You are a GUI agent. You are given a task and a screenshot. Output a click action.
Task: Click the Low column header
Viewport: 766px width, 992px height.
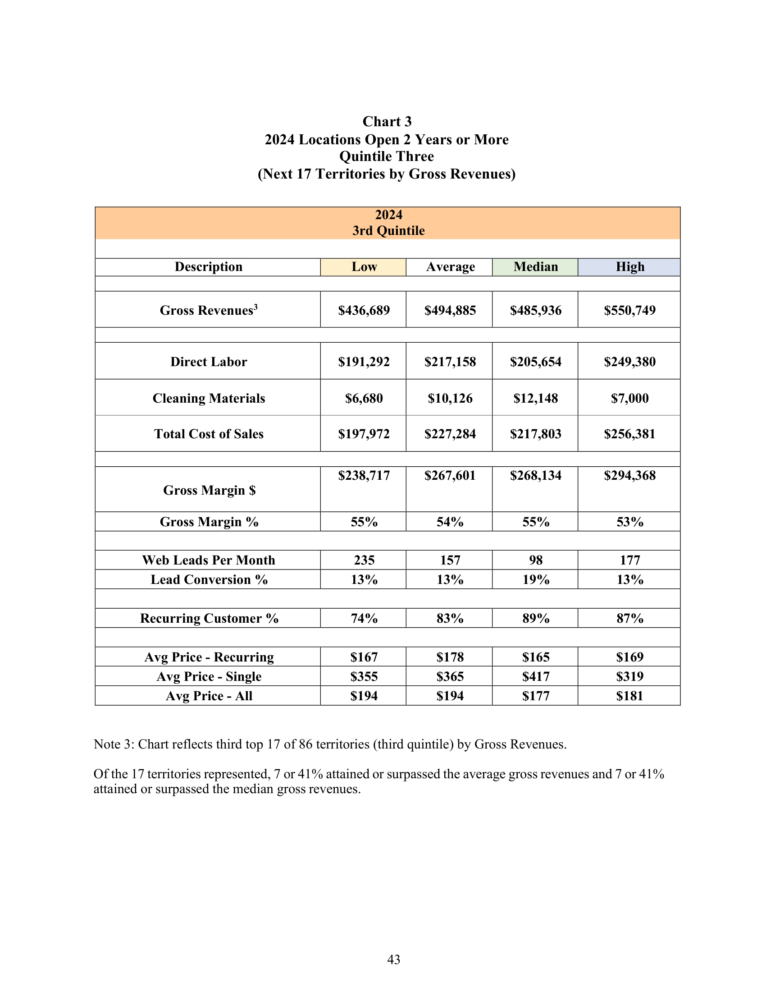pyautogui.click(x=364, y=266)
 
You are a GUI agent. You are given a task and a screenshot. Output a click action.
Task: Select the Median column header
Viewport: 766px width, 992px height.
pyautogui.click(x=535, y=266)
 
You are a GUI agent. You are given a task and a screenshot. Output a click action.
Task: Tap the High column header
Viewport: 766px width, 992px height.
pyautogui.click(x=629, y=266)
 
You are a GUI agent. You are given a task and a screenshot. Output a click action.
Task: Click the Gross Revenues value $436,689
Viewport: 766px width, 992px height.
pyautogui.click(x=364, y=310)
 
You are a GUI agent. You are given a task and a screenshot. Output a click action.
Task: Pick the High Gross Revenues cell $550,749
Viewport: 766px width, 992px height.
pyautogui.click(x=629, y=310)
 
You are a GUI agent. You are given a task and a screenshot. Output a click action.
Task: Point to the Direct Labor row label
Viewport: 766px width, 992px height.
pyautogui.click(x=209, y=362)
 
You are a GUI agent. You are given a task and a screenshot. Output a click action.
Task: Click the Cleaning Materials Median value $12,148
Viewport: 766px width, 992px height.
pyautogui.click(x=535, y=398)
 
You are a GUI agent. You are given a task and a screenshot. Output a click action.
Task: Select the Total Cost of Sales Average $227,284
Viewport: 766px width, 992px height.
pyautogui.click(x=450, y=434)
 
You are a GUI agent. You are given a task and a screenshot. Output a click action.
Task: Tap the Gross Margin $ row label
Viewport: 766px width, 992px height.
pyautogui.click(x=209, y=490)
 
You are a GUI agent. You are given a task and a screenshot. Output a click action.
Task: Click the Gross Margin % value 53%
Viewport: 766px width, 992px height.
pyautogui.click(x=629, y=522)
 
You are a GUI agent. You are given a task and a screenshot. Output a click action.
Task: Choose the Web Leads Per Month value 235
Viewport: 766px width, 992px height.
pyautogui.click(x=364, y=560)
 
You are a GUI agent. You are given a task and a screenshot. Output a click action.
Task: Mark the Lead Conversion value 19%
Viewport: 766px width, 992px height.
pyautogui.click(x=535, y=579)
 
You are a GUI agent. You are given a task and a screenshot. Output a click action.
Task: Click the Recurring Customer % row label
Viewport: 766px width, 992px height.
pyautogui.click(x=209, y=618)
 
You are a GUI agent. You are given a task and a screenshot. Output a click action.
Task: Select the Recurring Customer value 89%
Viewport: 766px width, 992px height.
pyautogui.click(x=535, y=618)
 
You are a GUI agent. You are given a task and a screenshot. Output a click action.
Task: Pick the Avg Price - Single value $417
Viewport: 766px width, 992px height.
pyautogui.click(x=535, y=676)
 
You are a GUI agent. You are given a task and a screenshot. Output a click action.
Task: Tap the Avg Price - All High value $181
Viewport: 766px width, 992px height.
pyautogui.click(x=629, y=696)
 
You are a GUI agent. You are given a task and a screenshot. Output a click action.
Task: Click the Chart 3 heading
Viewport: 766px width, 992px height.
pyautogui.click(x=387, y=121)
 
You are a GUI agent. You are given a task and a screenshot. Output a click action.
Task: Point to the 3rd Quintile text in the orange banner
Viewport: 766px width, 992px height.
pyautogui.click(x=388, y=231)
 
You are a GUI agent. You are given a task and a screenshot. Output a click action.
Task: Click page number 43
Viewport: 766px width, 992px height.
pyautogui.click(x=393, y=959)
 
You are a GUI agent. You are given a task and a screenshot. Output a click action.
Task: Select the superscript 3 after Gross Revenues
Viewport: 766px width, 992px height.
pyautogui.click(x=256, y=307)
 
